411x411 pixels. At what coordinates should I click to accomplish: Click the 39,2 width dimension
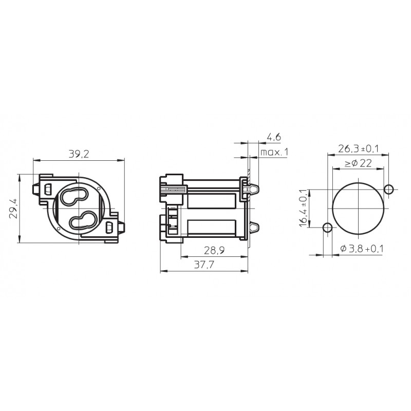coord(79,154)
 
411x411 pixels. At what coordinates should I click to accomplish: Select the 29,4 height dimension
coord(13,209)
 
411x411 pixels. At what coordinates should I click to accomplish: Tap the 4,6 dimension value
coord(274,137)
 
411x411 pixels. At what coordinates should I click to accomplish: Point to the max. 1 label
coord(274,152)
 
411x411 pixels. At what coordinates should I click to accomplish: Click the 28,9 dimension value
coord(214,251)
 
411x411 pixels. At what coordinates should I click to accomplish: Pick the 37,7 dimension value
coord(204,265)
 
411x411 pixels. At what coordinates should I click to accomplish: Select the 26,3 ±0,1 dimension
coord(358,148)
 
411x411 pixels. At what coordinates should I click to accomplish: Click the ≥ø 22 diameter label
coord(358,163)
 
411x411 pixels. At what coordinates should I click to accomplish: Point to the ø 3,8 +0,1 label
coord(362,249)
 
